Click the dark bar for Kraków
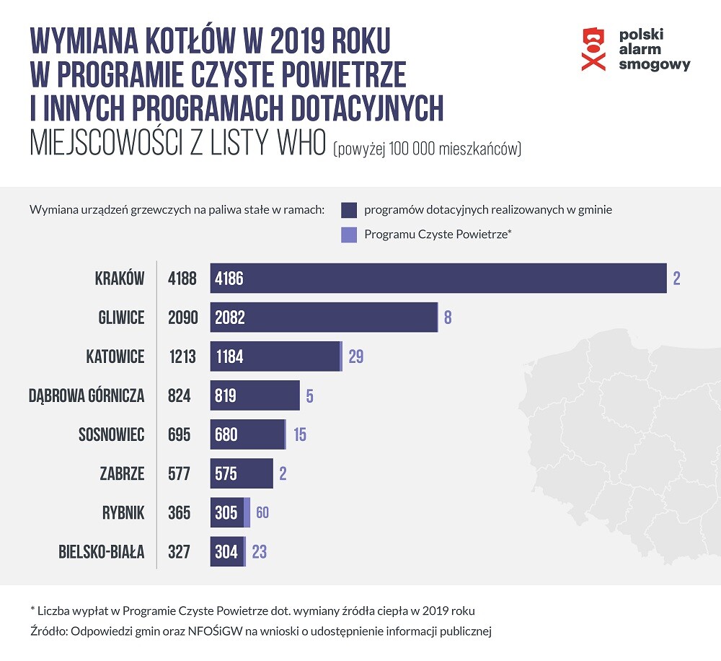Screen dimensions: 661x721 (438, 279)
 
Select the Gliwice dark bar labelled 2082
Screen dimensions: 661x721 (324, 318)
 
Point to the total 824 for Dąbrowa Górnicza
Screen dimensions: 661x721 (179, 395)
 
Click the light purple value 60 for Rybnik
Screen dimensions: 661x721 (262, 513)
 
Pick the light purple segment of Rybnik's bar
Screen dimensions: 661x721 (247, 513)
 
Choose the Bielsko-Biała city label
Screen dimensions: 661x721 (102, 552)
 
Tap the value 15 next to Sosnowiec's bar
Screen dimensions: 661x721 (300, 435)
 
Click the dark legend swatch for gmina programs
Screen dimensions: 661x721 (349, 210)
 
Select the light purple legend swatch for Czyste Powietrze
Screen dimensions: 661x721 (349, 235)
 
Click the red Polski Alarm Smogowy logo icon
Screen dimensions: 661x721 (593, 48)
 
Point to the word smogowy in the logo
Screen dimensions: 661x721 (655, 64)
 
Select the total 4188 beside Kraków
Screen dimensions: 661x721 (181, 279)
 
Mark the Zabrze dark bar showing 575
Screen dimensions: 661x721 (242, 474)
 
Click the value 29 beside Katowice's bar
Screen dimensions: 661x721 (355, 356)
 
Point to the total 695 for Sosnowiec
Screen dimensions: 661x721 (179, 435)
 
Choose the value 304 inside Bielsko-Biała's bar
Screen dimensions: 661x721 (226, 552)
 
